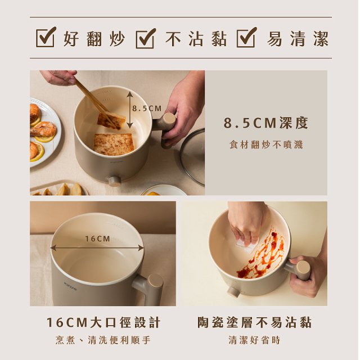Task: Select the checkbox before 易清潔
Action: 247,38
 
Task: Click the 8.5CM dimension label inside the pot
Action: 147,108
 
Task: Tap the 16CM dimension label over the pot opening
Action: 98,239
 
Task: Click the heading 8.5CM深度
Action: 266,124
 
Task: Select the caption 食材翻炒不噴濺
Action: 266,145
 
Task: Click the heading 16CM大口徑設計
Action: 103,322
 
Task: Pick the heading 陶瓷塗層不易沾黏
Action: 254,322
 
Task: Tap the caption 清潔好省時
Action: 254,340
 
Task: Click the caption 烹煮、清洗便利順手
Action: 103,340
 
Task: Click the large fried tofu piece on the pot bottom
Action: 113,144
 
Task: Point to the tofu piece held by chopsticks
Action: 111,120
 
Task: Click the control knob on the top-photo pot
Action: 115,181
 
